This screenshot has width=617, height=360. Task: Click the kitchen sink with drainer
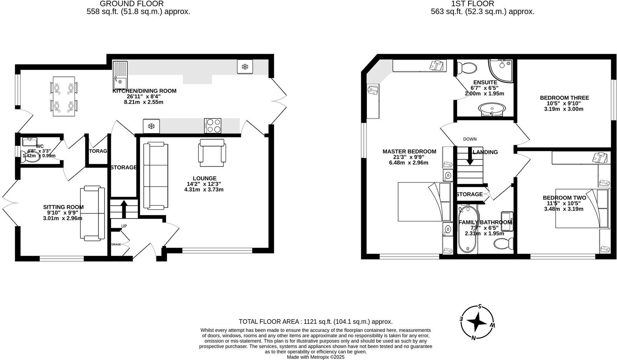click(120, 75)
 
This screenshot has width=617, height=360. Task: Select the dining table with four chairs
click(64, 96)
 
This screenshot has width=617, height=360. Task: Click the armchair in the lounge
click(213, 153)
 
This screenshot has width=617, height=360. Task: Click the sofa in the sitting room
click(92, 213)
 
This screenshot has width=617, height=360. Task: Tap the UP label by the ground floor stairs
click(124, 226)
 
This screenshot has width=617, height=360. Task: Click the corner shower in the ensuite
click(501, 71)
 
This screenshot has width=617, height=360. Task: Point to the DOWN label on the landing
click(470, 139)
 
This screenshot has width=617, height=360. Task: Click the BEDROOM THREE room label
click(564, 98)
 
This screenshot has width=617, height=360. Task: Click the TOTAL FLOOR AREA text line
click(315, 322)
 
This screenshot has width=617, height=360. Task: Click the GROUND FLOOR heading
click(132, 4)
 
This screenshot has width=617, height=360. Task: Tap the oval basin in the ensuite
click(492, 108)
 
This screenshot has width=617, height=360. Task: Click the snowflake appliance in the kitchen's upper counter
click(245, 67)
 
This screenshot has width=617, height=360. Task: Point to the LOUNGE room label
click(204, 178)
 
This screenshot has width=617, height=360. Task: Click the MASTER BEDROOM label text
click(409, 151)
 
